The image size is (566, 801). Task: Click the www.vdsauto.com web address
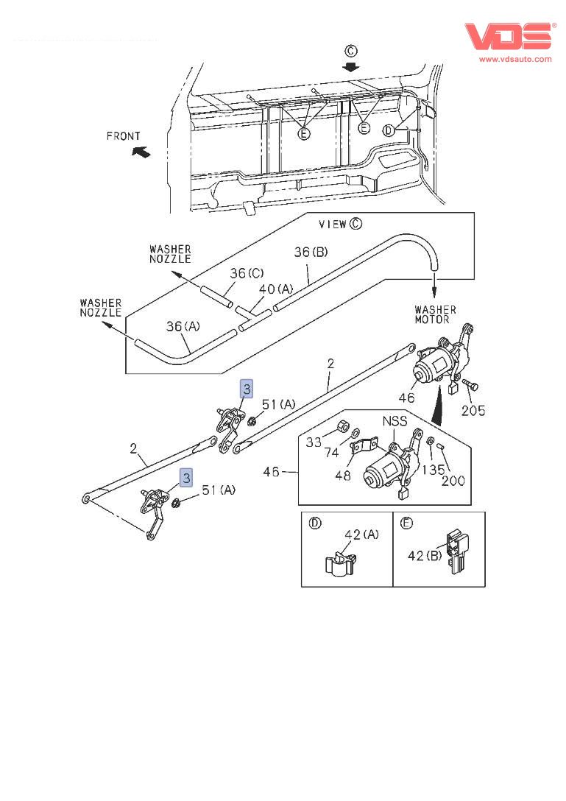[515, 59]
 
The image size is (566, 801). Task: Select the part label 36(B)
[311, 252]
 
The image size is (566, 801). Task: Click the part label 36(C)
[247, 274]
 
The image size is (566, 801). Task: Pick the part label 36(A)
[182, 326]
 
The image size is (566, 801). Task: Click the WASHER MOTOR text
[435, 314]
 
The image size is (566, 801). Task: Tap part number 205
[473, 411]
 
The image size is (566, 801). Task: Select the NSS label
[395, 423]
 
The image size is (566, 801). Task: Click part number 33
[315, 442]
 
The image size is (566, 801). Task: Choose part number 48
[342, 476]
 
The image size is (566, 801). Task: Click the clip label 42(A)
[361, 535]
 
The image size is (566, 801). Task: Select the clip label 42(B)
[425, 556]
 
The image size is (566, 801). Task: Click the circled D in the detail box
[314, 523]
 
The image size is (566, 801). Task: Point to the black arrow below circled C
[351, 66]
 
